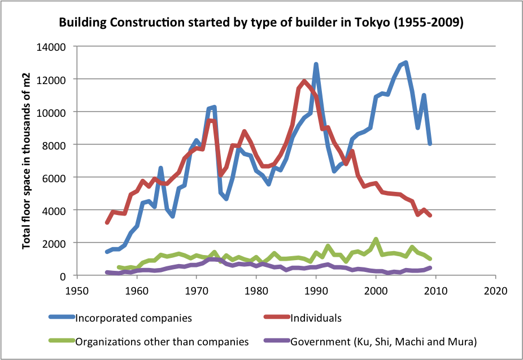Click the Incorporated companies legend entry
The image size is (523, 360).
(133, 318)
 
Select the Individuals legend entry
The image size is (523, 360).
(316, 318)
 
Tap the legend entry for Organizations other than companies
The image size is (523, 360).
(162, 341)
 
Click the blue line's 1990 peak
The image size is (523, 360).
(316, 65)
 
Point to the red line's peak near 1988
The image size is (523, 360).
(304, 81)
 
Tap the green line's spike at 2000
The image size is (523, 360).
(376, 240)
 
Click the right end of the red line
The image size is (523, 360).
(430, 215)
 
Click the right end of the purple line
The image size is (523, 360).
(430, 268)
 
